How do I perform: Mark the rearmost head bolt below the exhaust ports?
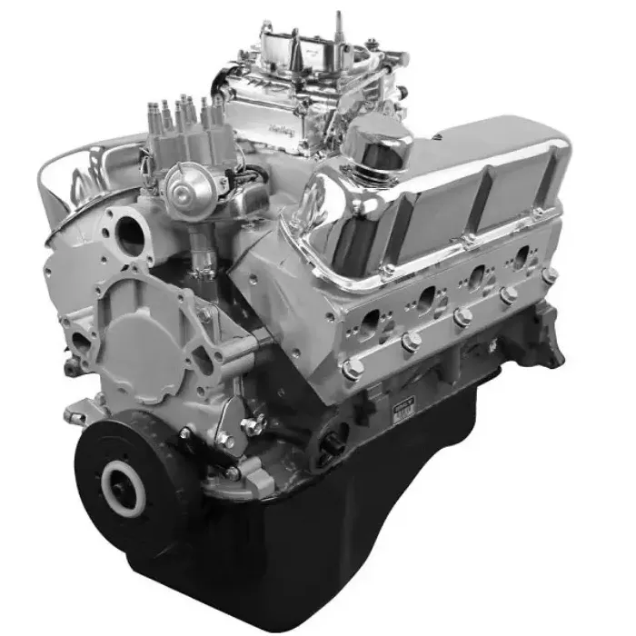(x=548, y=274)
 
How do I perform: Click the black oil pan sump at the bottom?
(x=363, y=545)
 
